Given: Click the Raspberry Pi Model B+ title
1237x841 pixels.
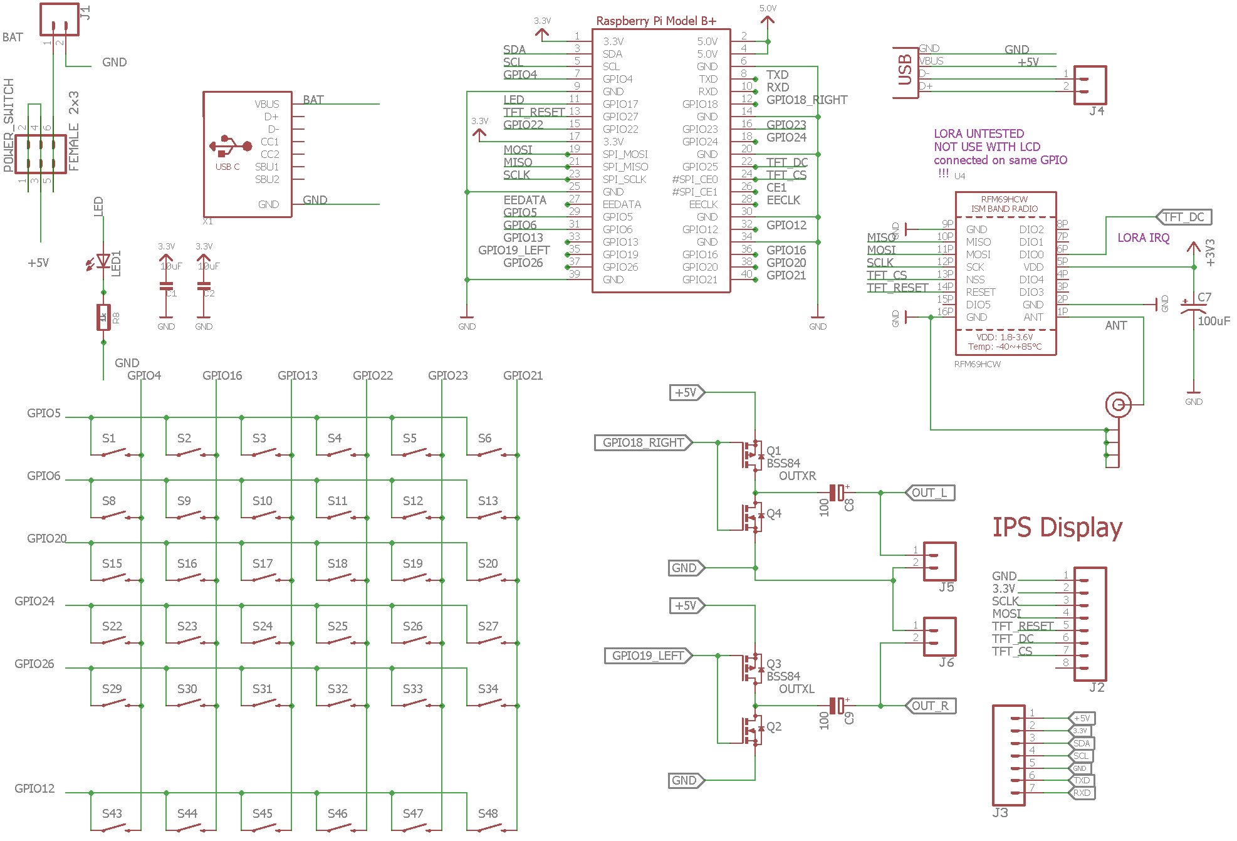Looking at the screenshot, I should click(x=656, y=21).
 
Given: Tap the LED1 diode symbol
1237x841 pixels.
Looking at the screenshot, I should click(x=103, y=261).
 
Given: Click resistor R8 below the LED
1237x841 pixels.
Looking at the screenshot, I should click(x=103, y=317).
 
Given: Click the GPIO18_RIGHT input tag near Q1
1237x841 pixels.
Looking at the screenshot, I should click(x=643, y=442).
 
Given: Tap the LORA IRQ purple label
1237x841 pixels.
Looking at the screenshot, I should click(x=1143, y=238).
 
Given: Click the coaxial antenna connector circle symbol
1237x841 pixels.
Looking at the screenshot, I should click(x=1119, y=405).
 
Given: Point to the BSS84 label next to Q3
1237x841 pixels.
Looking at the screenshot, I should click(x=783, y=676).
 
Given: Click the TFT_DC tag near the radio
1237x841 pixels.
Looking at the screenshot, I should click(x=1184, y=217).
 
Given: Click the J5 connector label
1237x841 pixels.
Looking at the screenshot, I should click(x=946, y=587).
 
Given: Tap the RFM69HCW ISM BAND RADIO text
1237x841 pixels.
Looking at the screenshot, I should click(x=1005, y=204).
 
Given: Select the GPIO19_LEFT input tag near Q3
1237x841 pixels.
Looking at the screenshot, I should click(x=648, y=656).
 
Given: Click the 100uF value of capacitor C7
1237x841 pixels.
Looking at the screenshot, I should click(x=1214, y=321).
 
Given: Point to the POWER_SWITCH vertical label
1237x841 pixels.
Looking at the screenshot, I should click(x=9, y=125).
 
